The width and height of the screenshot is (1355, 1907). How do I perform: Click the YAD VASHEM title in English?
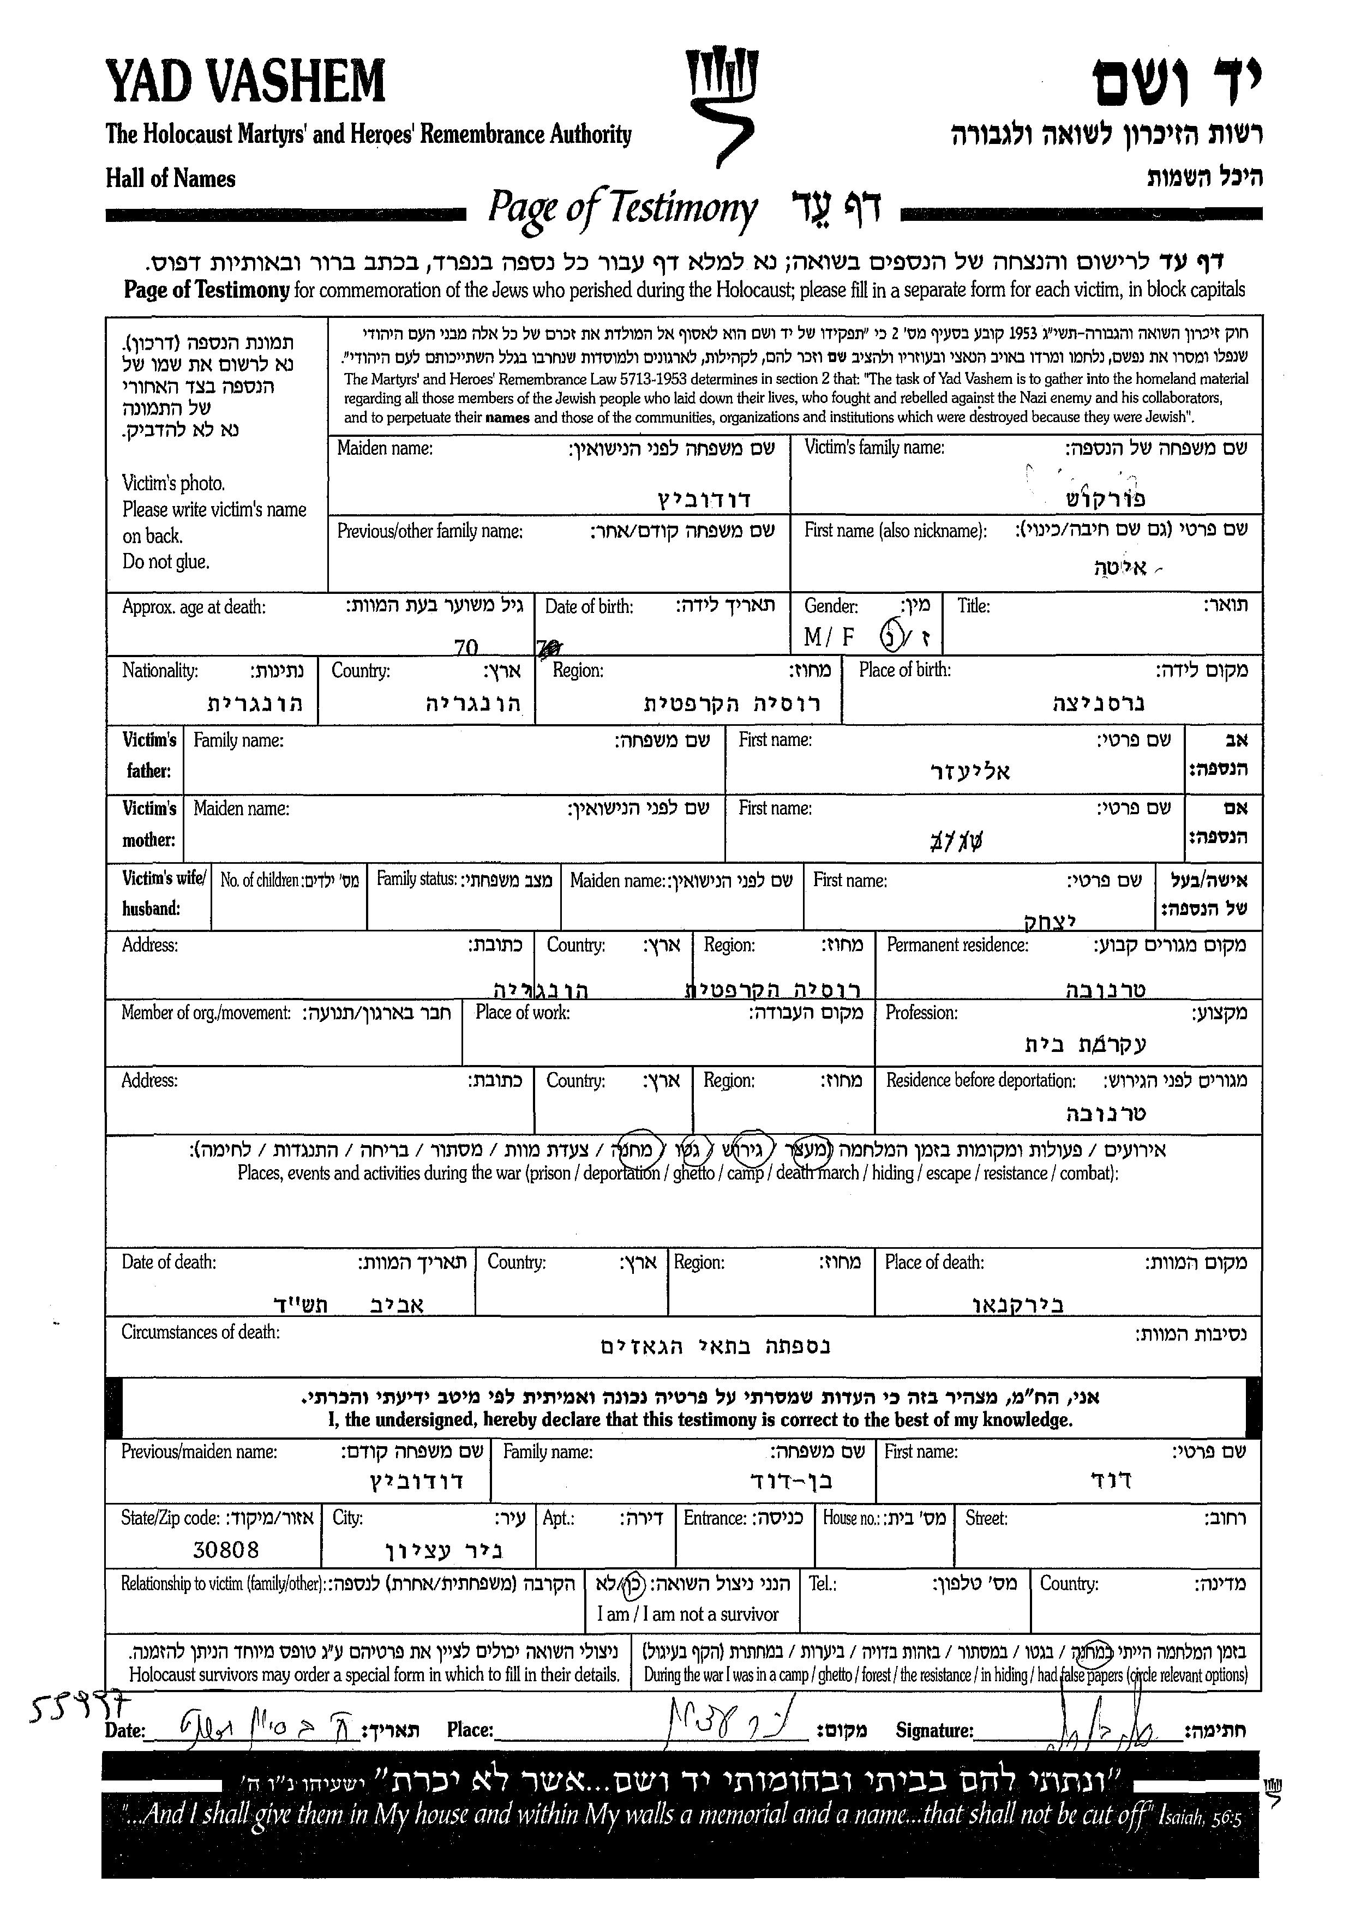[245, 82]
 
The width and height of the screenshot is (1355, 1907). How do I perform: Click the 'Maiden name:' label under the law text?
[385, 449]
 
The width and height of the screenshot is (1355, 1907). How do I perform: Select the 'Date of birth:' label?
[589, 606]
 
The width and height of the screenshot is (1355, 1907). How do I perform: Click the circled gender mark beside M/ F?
[892, 637]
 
